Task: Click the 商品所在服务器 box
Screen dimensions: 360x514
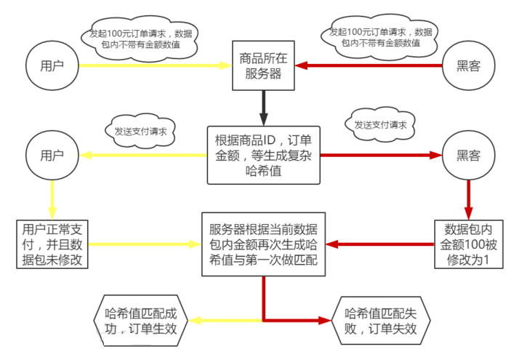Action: coord(261,64)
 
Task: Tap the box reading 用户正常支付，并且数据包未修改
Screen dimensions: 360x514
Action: coord(52,243)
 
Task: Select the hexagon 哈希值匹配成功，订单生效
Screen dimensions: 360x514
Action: coord(141,321)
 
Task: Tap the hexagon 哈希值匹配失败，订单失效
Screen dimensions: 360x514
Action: coord(381,321)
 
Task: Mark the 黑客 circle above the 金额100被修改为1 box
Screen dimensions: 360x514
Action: coord(469,155)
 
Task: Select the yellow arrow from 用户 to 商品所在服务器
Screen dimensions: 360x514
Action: coord(153,65)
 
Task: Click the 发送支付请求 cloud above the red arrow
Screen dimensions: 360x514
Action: coord(380,125)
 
